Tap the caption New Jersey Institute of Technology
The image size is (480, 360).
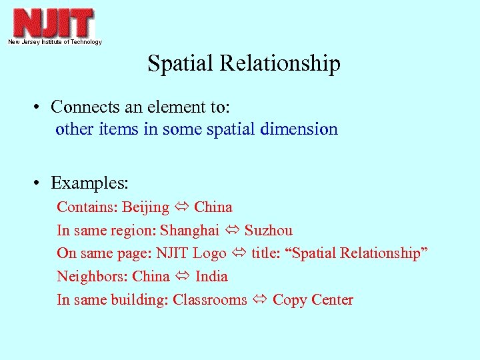(x=55, y=42)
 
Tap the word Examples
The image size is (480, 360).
(x=89, y=183)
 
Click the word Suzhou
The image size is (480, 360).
(x=268, y=231)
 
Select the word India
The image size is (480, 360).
(x=211, y=276)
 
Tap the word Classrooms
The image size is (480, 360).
(x=209, y=299)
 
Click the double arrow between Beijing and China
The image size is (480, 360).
(x=181, y=207)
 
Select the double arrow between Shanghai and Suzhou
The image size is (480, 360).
(x=232, y=231)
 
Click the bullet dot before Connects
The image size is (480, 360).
(x=41, y=107)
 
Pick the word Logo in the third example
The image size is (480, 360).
(x=209, y=253)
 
